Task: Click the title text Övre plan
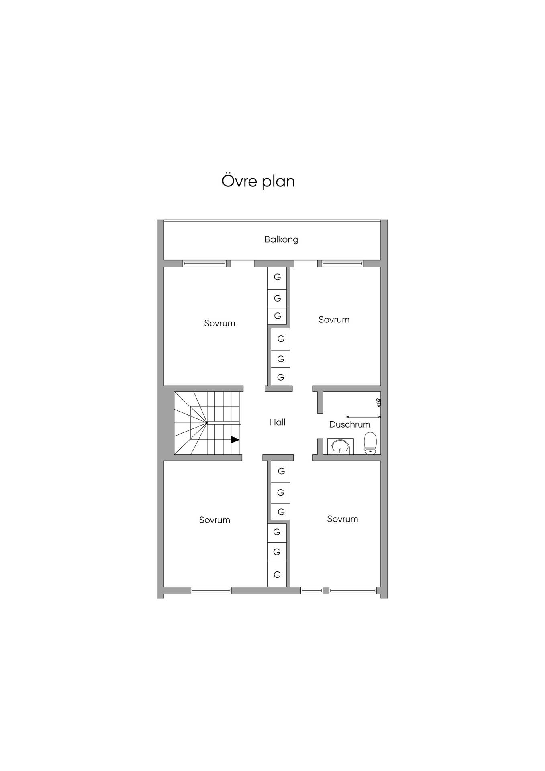click(x=258, y=181)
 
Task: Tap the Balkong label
click(x=282, y=239)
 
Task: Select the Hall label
click(x=278, y=422)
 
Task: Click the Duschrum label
click(x=350, y=424)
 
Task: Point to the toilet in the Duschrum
click(x=370, y=443)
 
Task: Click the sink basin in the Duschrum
click(x=341, y=446)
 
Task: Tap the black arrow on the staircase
click(x=235, y=440)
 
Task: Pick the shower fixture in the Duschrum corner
click(x=378, y=402)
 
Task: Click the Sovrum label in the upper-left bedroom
click(x=220, y=323)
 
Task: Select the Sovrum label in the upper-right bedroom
click(x=334, y=320)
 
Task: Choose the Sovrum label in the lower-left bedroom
click(x=215, y=520)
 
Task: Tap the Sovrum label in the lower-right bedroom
click(x=343, y=519)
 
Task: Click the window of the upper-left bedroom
click(x=205, y=263)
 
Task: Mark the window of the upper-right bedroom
click(x=342, y=263)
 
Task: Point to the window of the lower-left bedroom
click(x=211, y=590)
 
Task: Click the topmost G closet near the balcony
click(x=277, y=277)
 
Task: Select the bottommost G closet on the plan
click(x=277, y=575)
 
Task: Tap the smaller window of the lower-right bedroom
click(x=312, y=590)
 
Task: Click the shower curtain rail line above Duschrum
click(x=363, y=417)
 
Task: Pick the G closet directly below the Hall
click(x=281, y=471)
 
